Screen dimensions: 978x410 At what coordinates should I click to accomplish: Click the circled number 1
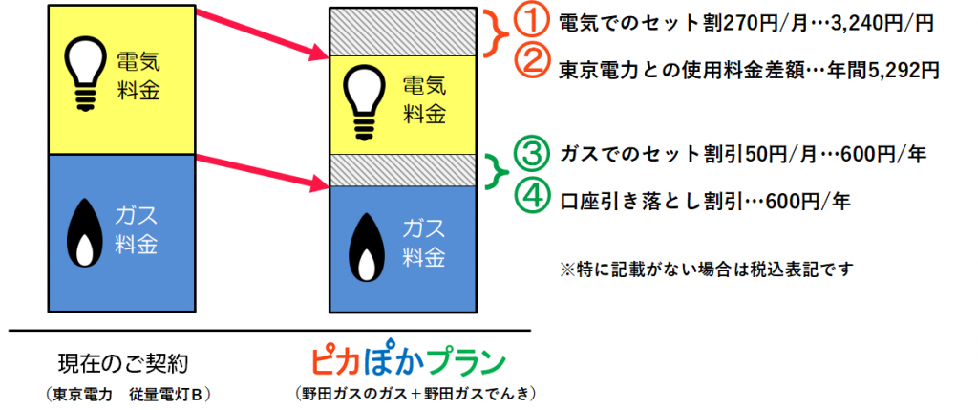point(530,23)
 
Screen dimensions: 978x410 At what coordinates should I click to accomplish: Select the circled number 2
point(530,64)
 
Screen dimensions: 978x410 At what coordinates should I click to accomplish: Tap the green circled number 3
point(530,154)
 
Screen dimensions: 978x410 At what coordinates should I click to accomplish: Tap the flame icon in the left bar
point(83,234)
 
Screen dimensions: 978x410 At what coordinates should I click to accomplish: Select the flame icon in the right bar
point(366,247)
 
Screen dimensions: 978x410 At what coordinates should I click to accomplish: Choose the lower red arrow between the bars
point(262,172)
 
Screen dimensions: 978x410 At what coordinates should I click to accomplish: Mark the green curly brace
point(498,170)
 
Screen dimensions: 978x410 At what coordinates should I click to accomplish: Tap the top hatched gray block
point(403,32)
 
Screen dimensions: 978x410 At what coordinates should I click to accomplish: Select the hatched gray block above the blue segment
point(403,170)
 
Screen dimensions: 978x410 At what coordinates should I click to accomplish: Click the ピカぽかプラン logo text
point(408,362)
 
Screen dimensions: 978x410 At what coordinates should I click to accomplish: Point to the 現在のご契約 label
point(122,362)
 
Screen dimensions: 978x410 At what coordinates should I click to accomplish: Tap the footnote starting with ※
point(706,270)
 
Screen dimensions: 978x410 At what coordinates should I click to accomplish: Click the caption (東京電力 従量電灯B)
point(128,395)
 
